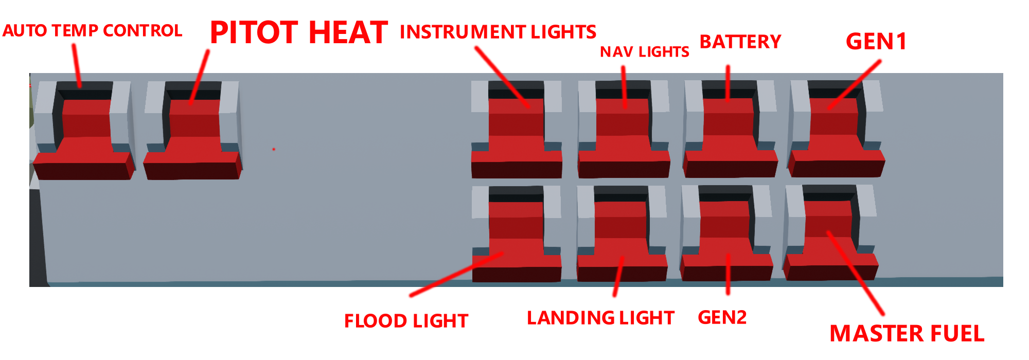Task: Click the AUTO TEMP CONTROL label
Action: tap(92, 30)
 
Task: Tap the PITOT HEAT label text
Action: tap(299, 32)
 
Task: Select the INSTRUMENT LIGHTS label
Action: tap(498, 32)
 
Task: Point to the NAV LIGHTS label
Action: tap(645, 51)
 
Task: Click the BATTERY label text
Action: tap(740, 42)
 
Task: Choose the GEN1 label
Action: tap(876, 42)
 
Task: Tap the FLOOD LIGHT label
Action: tap(406, 321)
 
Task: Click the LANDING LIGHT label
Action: tap(600, 318)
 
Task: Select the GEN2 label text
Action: tap(722, 317)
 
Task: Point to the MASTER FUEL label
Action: tap(907, 333)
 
